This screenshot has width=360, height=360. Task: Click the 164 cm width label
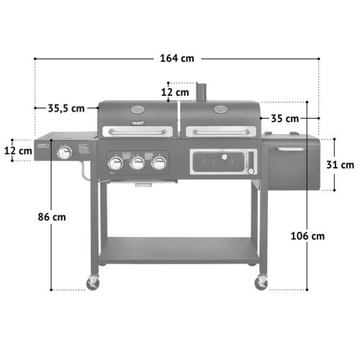point(176,58)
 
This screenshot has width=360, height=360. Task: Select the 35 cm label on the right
point(285,118)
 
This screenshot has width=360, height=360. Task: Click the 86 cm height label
point(53,216)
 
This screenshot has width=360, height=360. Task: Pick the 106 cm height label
point(308,235)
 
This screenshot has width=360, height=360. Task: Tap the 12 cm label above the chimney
point(175,91)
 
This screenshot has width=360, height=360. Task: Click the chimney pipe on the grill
point(203,92)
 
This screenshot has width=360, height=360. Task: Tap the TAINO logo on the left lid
point(137,124)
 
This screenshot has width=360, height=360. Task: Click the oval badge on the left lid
point(137,110)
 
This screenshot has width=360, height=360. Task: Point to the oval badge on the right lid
point(220,109)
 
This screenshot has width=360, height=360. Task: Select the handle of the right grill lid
point(220,131)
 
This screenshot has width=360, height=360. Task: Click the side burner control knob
point(65,153)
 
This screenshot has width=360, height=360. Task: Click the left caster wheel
point(93,283)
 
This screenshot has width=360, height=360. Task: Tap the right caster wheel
point(261,283)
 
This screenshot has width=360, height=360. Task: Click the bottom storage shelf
point(179,251)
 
